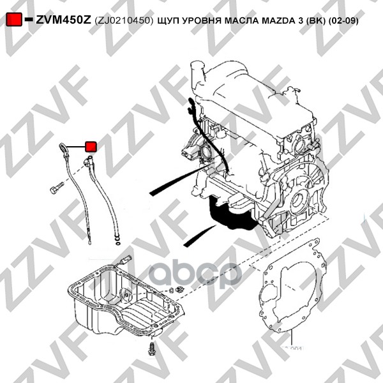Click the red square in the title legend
pos(14,19)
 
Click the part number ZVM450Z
pos(63,20)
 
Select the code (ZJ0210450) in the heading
pos(124,20)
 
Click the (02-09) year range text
pos(343,20)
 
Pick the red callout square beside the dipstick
pos(91,147)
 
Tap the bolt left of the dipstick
pos(56,188)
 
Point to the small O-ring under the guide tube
pos(118,244)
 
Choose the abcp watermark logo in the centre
pos(196,274)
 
